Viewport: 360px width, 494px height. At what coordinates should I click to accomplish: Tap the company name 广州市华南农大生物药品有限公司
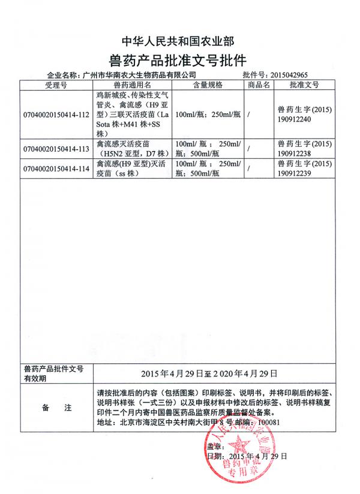tap(142, 76)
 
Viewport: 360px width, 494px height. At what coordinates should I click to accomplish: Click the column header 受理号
tap(55, 85)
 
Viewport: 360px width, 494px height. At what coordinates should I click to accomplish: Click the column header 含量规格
tap(207, 85)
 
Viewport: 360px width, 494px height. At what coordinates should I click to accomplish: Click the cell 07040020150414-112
tap(55, 114)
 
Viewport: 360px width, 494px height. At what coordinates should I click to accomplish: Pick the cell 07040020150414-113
tap(55, 148)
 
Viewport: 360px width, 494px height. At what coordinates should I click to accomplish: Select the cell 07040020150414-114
tap(55, 168)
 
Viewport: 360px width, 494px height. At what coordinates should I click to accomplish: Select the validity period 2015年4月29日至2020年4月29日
tap(209, 373)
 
